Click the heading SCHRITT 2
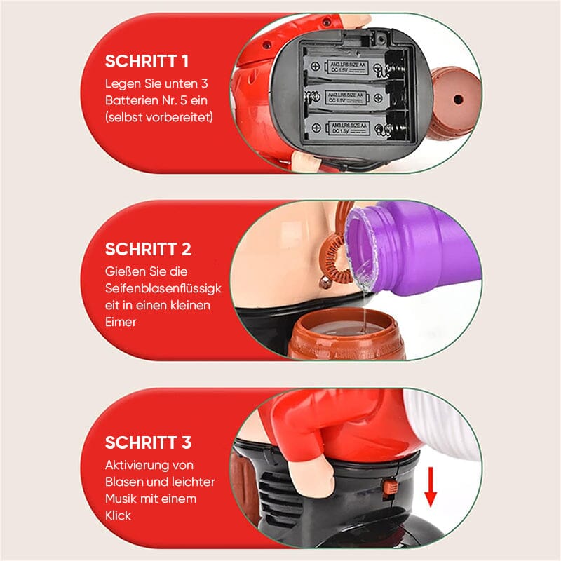point(148,249)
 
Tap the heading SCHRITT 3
point(148,442)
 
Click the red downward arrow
point(431,488)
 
